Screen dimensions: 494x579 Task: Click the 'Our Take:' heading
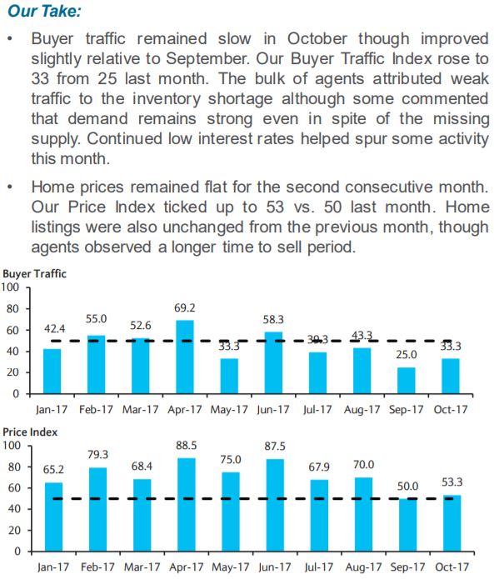(x=44, y=10)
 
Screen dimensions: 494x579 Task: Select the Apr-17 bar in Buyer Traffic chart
(x=185, y=357)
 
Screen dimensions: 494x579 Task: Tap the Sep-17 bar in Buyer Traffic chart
(x=407, y=381)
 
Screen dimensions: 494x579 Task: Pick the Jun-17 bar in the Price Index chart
(x=275, y=505)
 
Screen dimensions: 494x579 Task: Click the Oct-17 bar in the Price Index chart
(x=452, y=523)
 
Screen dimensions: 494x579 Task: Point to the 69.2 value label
(x=185, y=308)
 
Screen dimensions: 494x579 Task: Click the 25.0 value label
(x=407, y=355)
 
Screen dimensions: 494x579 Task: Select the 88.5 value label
(x=186, y=446)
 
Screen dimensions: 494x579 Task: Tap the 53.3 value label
(x=452, y=482)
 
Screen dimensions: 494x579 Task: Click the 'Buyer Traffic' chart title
(x=34, y=273)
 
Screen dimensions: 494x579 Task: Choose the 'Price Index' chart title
(x=30, y=432)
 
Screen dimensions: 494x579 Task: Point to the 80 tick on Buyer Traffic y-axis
(x=12, y=309)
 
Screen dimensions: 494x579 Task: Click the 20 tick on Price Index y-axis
(x=14, y=530)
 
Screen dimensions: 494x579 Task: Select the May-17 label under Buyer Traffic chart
(x=229, y=410)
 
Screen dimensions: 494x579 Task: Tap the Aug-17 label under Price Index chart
(x=363, y=567)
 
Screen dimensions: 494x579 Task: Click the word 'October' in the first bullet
(x=317, y=39)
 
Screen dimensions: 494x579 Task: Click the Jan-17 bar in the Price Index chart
(x=53, y=517)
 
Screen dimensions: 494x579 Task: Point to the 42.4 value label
(x=55, y=328)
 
